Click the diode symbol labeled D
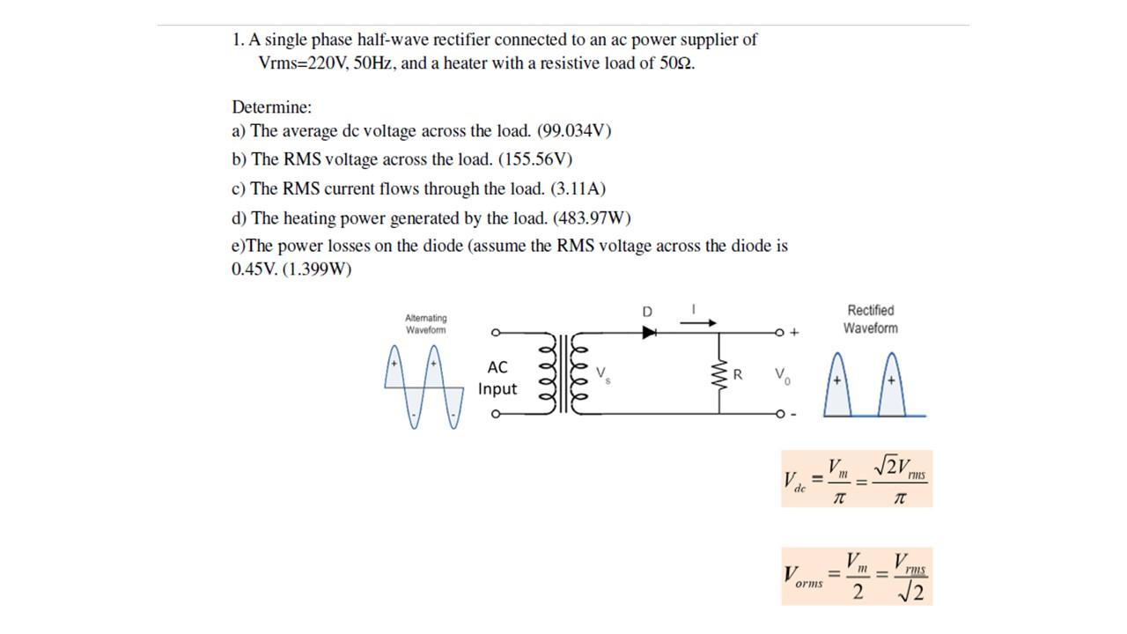(650, 333)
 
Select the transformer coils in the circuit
(563, 373)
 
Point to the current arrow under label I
(699, 322)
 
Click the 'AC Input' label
(497, 378)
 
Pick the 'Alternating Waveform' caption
(425, 324)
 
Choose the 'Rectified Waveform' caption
(870, 319)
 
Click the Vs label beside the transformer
(602, 373)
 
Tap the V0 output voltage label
(783, 375)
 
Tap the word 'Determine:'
(272, 107)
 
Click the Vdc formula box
(856, 479)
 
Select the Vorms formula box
(856, 576)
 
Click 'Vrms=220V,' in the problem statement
(304, 63)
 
